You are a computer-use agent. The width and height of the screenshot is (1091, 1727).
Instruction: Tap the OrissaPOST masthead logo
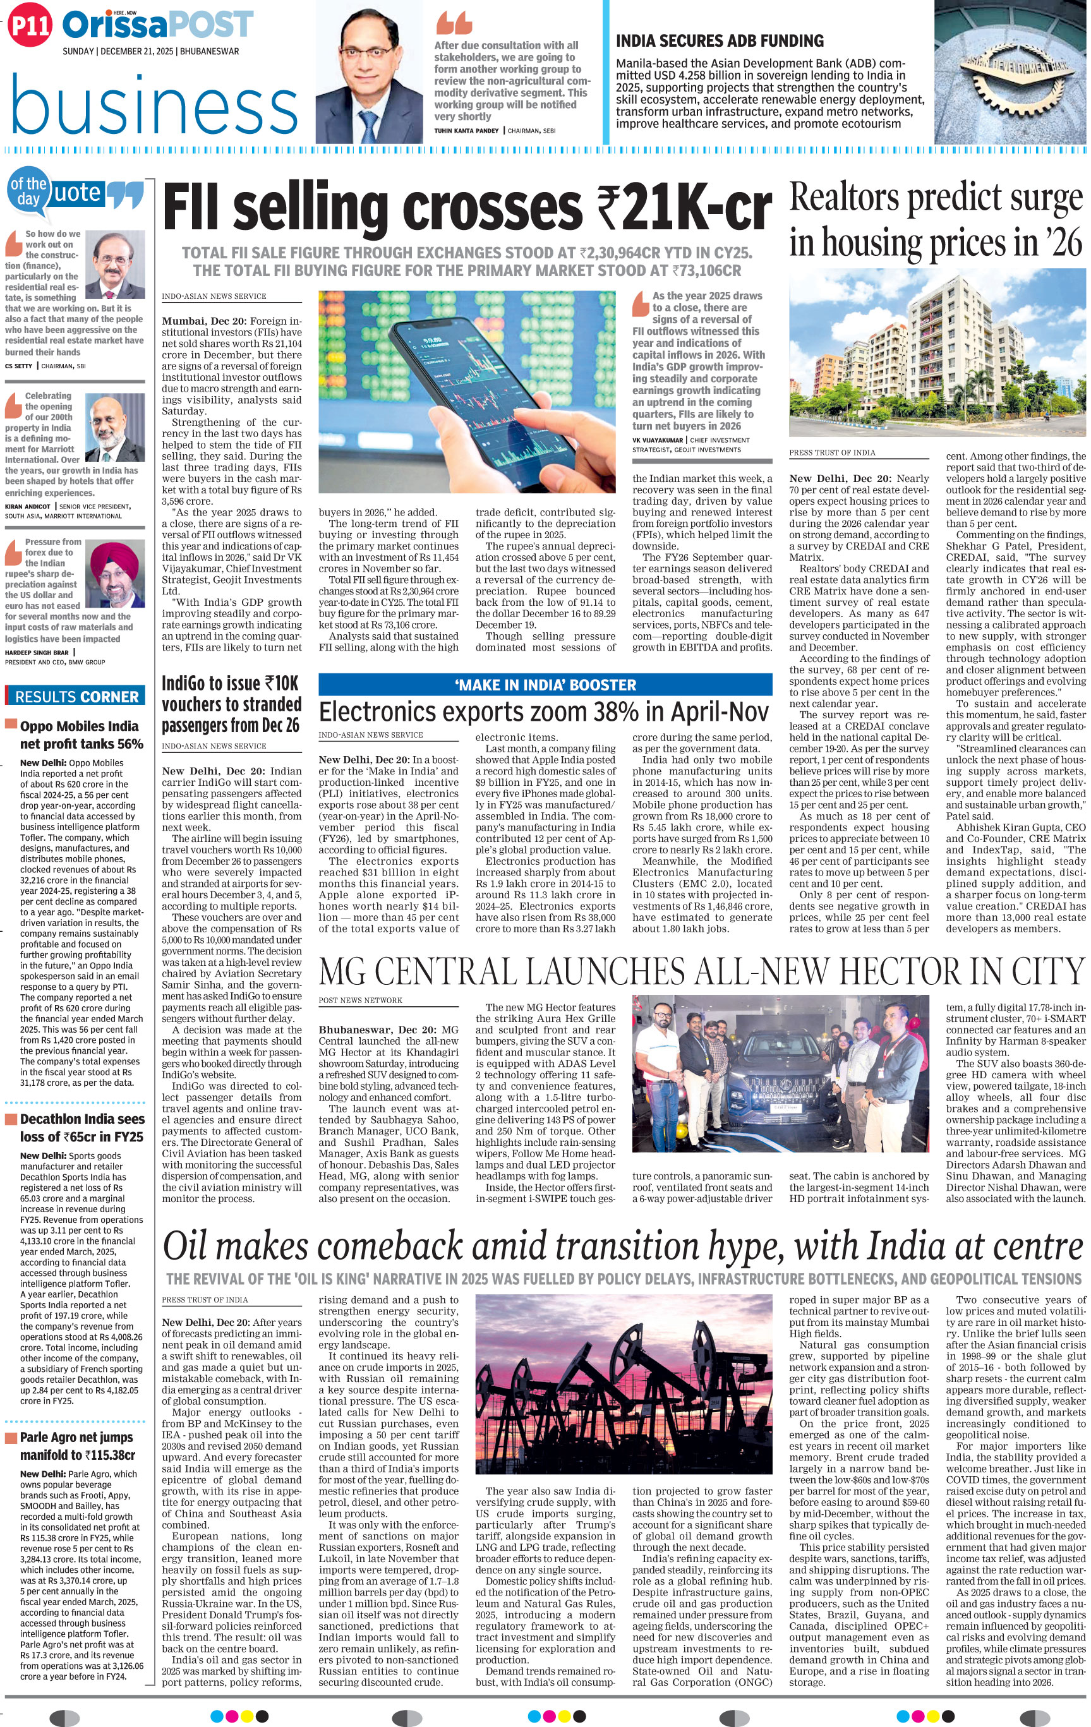158,25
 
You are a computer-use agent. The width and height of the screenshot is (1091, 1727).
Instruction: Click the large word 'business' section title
154,105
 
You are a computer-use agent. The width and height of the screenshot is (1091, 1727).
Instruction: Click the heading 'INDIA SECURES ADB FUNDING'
720,41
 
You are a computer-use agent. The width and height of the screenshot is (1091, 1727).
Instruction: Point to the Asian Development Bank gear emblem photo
1011,72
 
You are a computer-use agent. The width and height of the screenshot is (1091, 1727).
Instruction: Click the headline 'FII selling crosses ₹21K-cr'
467,207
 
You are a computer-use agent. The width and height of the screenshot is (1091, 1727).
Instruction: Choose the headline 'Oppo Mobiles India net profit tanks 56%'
80,735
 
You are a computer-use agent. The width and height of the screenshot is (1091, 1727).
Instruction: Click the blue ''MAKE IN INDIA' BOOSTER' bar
545,684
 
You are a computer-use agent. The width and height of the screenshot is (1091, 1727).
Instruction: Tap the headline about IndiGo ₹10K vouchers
231,704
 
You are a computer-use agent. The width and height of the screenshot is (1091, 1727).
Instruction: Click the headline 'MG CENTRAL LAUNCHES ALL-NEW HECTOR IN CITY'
701,971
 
